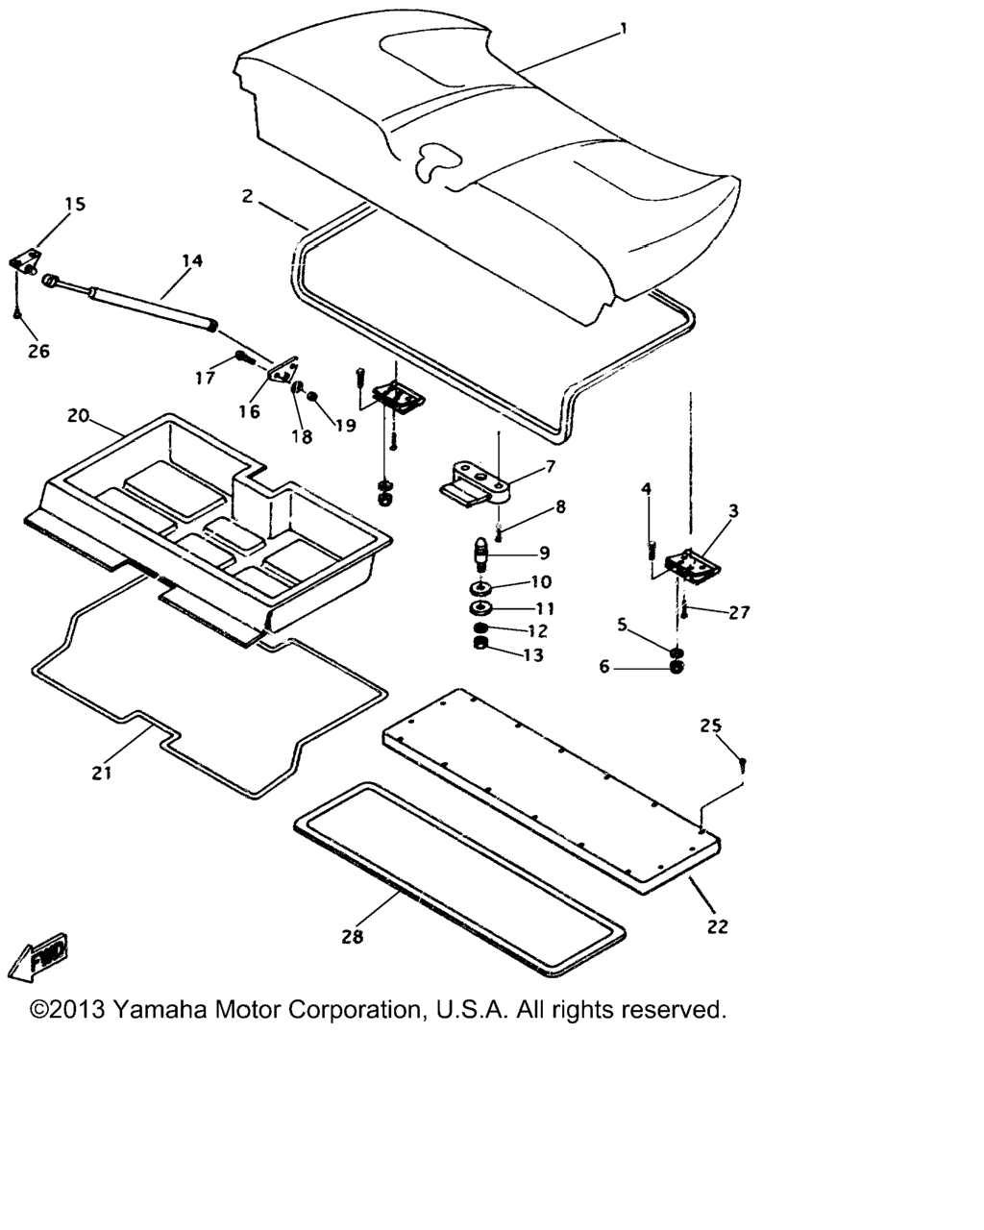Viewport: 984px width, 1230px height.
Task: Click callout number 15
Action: click(75, 204)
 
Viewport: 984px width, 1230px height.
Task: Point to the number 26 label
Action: click(37, 352)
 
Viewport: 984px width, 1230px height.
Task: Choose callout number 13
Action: click(533, 655)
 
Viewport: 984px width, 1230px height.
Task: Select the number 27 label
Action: click(739, 612)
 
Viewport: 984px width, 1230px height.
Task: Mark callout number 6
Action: click(604, 666)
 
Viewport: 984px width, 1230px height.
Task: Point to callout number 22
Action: click(717, 926)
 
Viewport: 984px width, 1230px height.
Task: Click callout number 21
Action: click(102, 772)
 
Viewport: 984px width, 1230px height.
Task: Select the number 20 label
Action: click(78, 416)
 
